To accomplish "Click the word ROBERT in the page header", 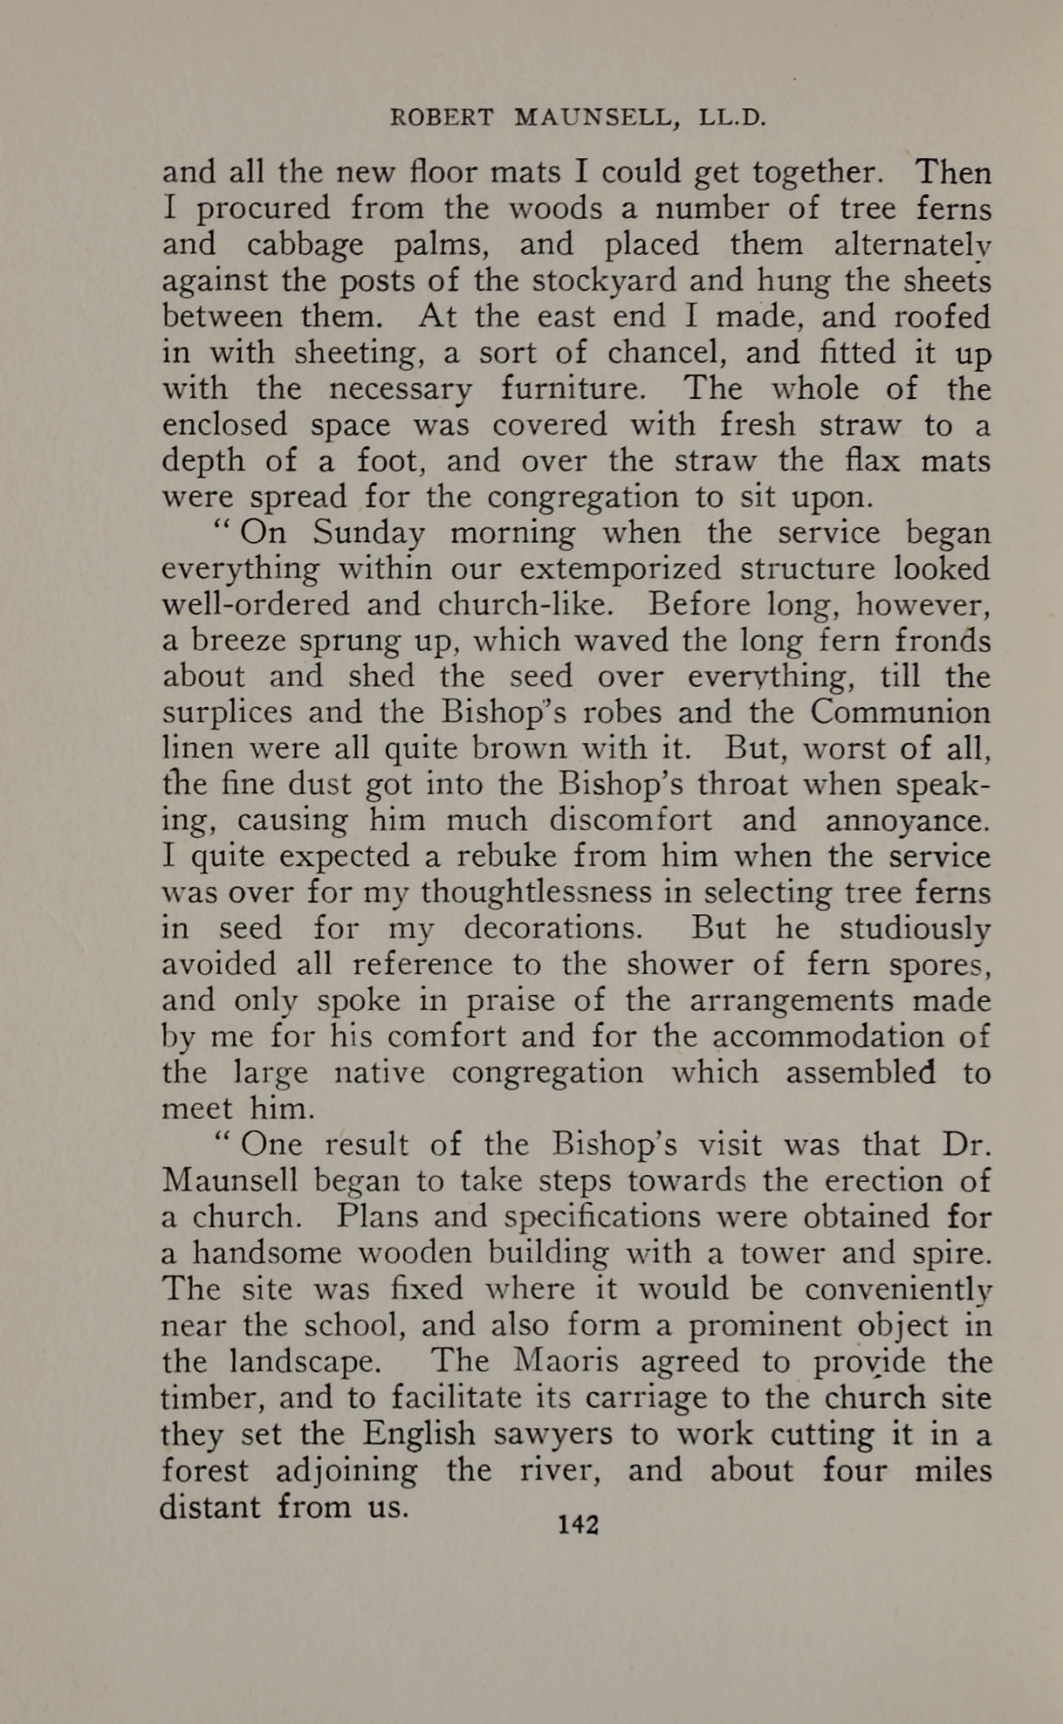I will point(442,118).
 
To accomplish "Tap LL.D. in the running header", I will point(732,118).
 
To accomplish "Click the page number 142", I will point(579,1524).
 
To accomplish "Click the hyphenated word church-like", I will point(526,605).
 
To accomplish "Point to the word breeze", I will point(230,641).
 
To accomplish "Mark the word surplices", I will point(225,713).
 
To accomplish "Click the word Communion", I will point(900,712).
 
